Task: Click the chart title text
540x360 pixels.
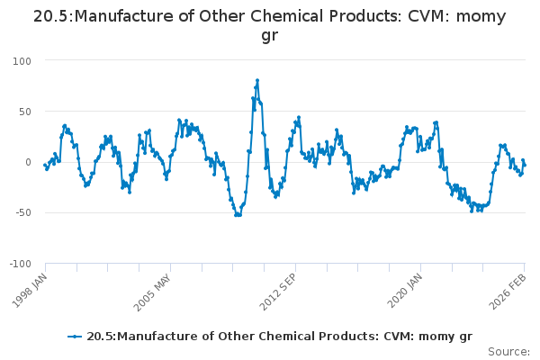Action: point(270,26)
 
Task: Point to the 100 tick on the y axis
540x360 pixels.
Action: point(22,60)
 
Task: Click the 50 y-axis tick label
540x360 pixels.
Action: point(24,112)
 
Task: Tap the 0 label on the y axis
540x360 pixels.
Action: point(28,163)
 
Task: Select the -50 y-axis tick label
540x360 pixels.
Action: point(22,213)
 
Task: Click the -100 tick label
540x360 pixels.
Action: point(19,265)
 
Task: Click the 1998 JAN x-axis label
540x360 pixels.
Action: point(29,290)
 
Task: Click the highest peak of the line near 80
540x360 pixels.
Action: point(257,80)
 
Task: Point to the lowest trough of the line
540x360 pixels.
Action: point(238,215)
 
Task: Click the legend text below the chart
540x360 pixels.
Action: point(279,337)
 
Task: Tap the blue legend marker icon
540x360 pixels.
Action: point(75,337)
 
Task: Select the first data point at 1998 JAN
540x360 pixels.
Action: point(45,165)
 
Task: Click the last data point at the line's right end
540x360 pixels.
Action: point(525,165)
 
